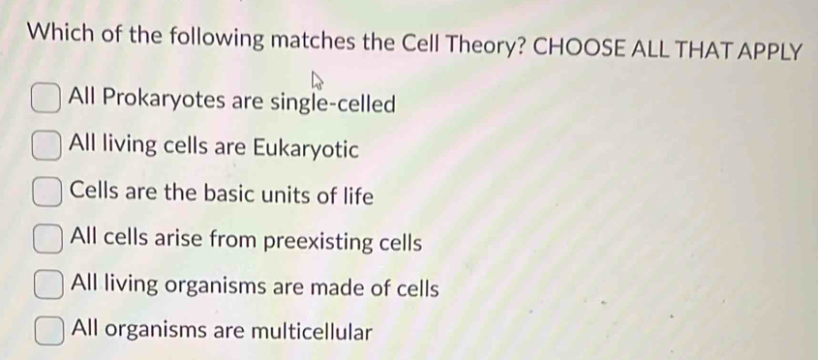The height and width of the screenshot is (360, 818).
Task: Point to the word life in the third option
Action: tap(356, 195)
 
